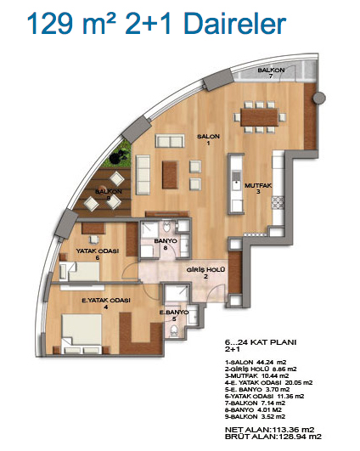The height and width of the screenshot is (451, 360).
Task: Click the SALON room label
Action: [209, 137]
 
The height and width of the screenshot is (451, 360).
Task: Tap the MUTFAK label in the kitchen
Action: [258, 185]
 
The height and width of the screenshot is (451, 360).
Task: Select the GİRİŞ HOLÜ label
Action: [205, 270]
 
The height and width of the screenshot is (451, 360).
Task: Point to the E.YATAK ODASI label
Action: [106, 301]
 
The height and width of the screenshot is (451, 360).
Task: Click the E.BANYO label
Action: [174, 313]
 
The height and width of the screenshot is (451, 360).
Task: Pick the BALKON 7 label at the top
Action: [271, 70]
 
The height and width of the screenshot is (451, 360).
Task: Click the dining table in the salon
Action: [260, 117]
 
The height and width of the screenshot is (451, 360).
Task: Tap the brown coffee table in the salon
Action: [170, 175]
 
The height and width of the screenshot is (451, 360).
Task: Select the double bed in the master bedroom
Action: [82, 334]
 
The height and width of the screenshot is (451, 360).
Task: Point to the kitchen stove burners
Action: [278, 202]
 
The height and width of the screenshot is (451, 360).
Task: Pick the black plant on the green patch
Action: [119, 156]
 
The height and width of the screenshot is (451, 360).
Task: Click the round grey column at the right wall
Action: [319, 98]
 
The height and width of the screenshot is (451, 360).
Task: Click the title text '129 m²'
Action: [71, 23]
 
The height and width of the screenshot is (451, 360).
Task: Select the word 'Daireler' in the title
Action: [235, 23]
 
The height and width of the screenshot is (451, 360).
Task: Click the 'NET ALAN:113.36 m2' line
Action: [269, 430]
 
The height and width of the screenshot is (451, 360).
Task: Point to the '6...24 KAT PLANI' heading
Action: [261, 342]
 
